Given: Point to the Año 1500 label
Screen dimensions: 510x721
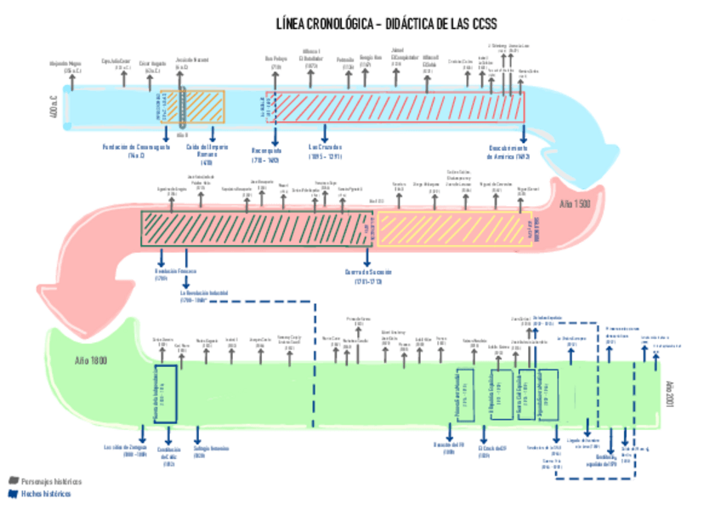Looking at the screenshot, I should click(x=575, y=205).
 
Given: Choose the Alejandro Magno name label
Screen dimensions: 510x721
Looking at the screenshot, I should click(x=65, y=64).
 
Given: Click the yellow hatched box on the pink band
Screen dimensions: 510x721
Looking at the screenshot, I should click(x=451, y=229).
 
